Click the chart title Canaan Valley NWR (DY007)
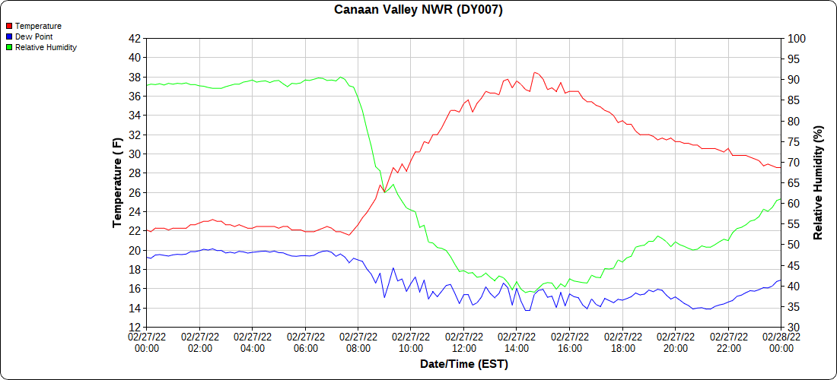click(418, 10)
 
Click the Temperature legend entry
click(38, 26)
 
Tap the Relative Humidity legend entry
click(46, 47)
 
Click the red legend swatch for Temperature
click(9, 26)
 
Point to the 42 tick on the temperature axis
click(135, 38)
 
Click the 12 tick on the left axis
click(135, 328)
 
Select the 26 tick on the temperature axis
click(135, 192)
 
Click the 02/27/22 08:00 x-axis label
click(358, 343)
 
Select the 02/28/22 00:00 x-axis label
click(781, 343)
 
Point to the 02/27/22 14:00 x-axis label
click(517, 343)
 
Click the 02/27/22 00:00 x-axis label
click(147, 343)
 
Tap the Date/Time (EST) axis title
click(463, 364)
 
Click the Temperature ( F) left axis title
click(117, 182)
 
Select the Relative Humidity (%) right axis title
click(819, 182)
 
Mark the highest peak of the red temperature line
click(535, 72)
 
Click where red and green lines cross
click(385, 192)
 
